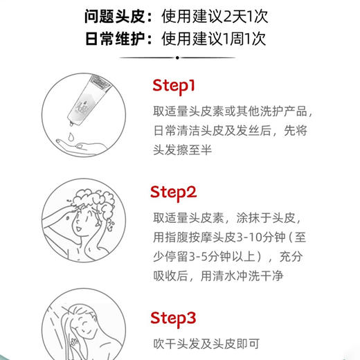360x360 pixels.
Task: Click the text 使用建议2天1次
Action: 214,15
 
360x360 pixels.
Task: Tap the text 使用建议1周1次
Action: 214,38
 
